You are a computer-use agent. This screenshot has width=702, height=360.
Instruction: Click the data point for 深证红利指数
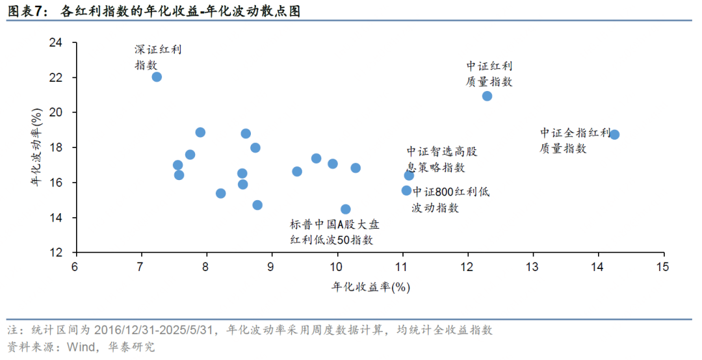click(x=157, y=77)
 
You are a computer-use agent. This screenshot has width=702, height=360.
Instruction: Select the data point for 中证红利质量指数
click(x=487, y=96)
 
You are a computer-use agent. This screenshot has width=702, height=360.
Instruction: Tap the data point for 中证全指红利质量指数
click(x=614, y=135)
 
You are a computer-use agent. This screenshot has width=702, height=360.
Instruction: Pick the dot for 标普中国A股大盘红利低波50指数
click(x=346, y=209)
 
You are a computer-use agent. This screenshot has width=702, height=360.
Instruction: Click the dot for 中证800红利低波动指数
click(x=406, y=190)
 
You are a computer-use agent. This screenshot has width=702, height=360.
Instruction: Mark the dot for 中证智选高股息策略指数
click(x=409, y=175)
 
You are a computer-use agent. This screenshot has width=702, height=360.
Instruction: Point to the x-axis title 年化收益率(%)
click(x=371, y=287)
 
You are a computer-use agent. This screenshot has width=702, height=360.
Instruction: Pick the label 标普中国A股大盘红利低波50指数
click(x=334, y=232)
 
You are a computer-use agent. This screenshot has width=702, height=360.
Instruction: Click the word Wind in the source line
click(x=81, y=347)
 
